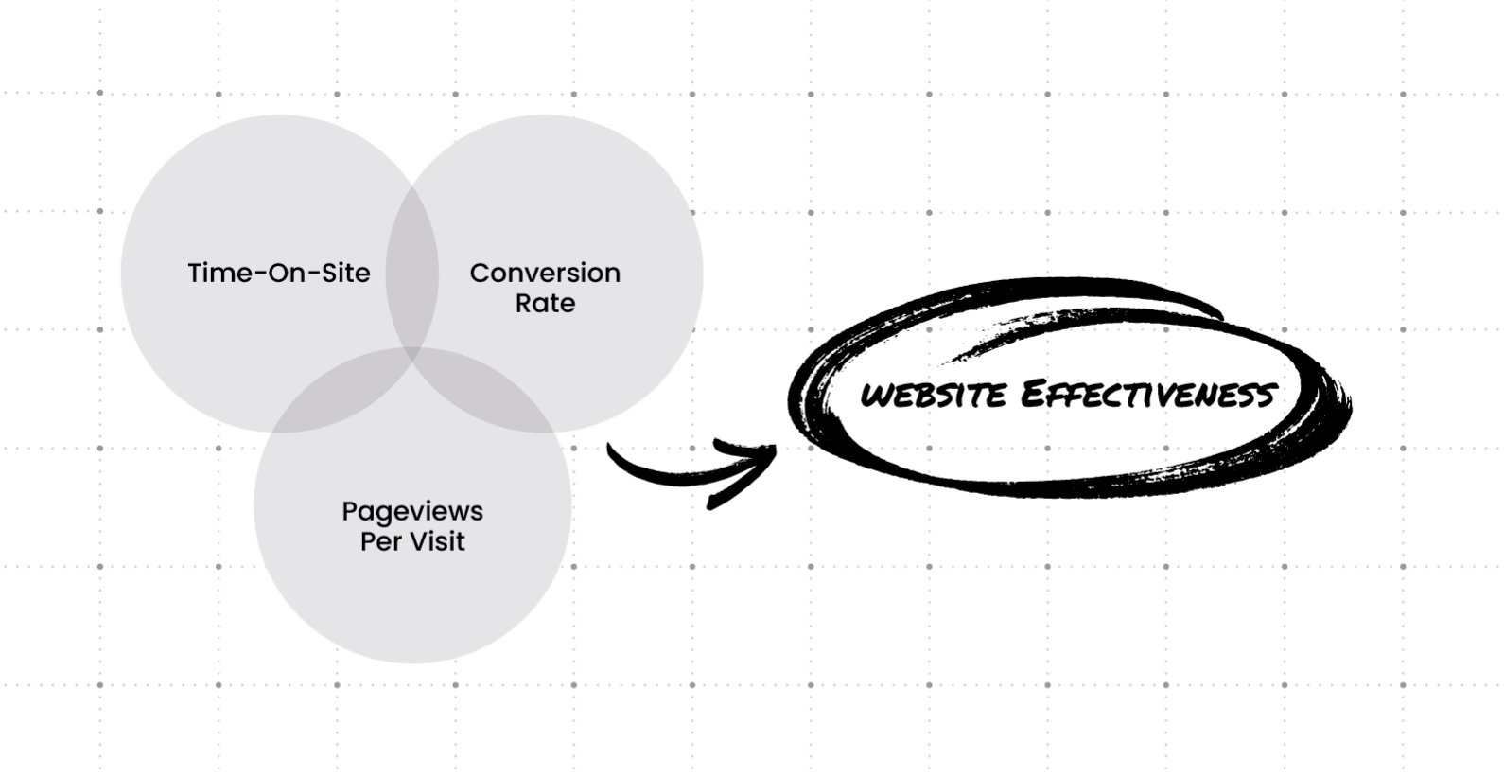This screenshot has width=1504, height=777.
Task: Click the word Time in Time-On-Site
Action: pyautogui.click(x=215, y=273)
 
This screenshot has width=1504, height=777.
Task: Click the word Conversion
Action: pyautogui.click(x=545, y=273)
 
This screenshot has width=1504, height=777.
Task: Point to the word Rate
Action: pyautogui.click(x=545, y=303)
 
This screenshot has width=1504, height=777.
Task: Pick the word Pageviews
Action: pyautogui.click(x=412, y=512)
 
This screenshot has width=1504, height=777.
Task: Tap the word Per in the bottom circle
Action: pyautogui.click(x=381, y=542)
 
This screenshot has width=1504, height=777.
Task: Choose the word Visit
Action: pyautogui.click(x=437, y=541)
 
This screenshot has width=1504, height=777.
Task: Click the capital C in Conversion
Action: pyautogui.click(x=481, y=273)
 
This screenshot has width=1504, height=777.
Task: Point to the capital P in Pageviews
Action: pyautogui.click(x=349, y=511)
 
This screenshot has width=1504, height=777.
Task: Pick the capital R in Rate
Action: pyautogui.click(x=523, y=303)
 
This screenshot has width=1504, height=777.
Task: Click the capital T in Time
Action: pyautogui.click(x=195, y=273)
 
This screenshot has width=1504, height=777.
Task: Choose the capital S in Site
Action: pyautogui.click(x=327, y=273)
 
